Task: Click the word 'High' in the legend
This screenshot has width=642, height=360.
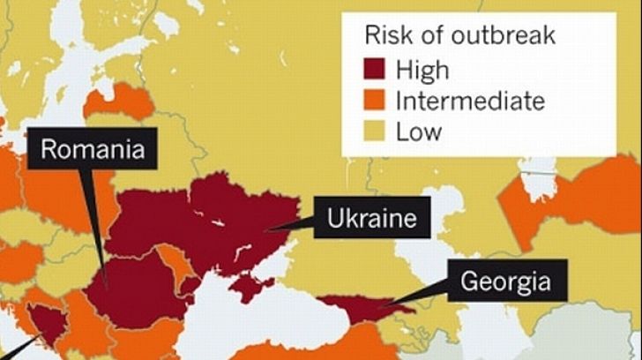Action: (422, 68)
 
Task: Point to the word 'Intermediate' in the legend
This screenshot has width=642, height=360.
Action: (469, 101)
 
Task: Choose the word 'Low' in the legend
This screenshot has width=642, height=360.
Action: (418, 132)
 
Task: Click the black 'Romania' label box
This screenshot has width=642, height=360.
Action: (93, 149)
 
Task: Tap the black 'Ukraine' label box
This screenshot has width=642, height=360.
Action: (371, 217)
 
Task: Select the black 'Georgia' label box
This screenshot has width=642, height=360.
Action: (506, 282)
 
